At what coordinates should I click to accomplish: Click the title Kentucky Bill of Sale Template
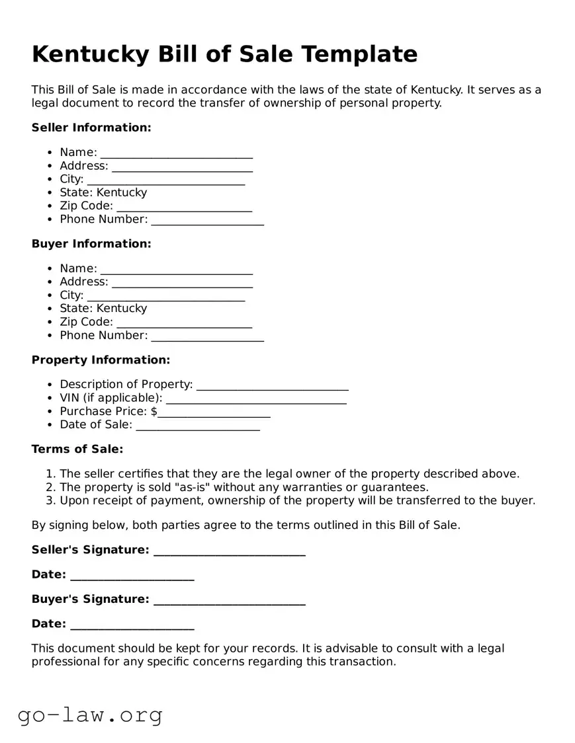pyautogui.click(x=224, y=54)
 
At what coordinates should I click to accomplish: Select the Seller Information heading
pyautogui.click(x=91, y=128)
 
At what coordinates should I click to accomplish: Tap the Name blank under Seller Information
pyautogui.click(x=176, y=153)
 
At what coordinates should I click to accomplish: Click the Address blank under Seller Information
pyautogui.click(x=182, y=167)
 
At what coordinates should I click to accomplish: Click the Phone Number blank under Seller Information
pyautogui.click(x=207, y=220)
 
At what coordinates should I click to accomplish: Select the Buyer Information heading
pyautogui.click(x=91, y=244)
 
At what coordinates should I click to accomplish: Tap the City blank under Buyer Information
pyautogui.click(x=165, y=296)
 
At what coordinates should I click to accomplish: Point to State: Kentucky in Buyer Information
pyautogui.click(x=103, y=309)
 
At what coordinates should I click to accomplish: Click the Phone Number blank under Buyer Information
pyautogui.click(x=207, y=336)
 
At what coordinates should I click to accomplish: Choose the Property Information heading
pyautogui.click(x=101, y=360)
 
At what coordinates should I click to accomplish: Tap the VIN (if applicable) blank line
pyautogui.click(x=255, y=399)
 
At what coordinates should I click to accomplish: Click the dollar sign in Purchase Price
pyautogui.click(x=154, y=411)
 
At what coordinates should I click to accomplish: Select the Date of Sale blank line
pyautogui.click(x=197, y=426)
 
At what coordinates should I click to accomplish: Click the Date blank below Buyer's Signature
pyautogui.click(x=132, y=625)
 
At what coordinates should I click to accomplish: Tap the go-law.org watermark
pyautogui.click(x=90, y=715)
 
